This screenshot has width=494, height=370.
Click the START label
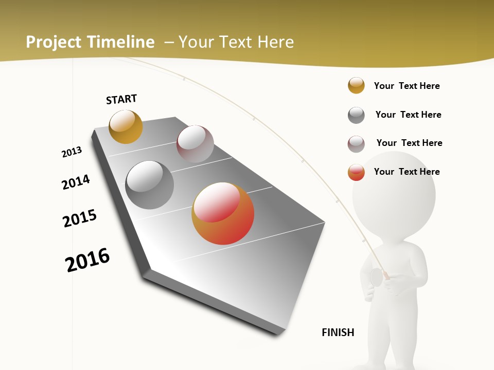click(121, 99)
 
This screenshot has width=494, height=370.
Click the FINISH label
click(338, 332)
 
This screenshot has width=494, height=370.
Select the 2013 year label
click(72, 152)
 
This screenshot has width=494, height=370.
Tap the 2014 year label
click(76, 182)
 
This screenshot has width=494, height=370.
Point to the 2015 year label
click(80, 218)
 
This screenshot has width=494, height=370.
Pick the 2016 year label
click(87, 260)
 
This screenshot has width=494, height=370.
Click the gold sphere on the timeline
click(126, 126)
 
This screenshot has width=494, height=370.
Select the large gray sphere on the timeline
click(150, 185)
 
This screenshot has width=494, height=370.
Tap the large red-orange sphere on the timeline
click(223, 213)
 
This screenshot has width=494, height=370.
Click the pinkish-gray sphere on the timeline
click(195, 144)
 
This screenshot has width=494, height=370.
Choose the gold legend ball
click(356, 85)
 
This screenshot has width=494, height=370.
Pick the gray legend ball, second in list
click(356, 115)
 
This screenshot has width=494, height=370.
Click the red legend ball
click(356, 172)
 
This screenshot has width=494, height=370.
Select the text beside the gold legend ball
click(407, 86)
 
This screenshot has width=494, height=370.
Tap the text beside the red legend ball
click(407, 172)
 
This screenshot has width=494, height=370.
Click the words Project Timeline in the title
click(90, 42)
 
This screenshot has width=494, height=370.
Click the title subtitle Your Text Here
click(236, 42)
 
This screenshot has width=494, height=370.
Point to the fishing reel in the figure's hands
click(376, 277)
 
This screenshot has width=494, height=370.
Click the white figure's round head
click(394, 196)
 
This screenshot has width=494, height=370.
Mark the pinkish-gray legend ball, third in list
click(356, 144)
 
